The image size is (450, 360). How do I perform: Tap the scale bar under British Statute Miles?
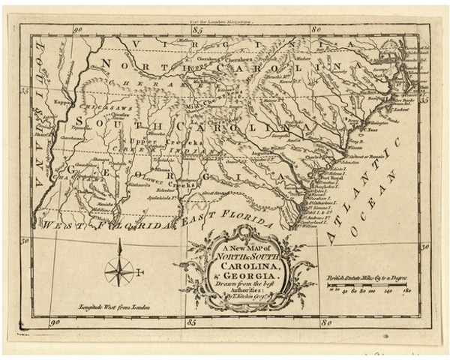point(367,286)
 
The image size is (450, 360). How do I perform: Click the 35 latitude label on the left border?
point(25,90)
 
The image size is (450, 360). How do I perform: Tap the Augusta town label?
point(259,150)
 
